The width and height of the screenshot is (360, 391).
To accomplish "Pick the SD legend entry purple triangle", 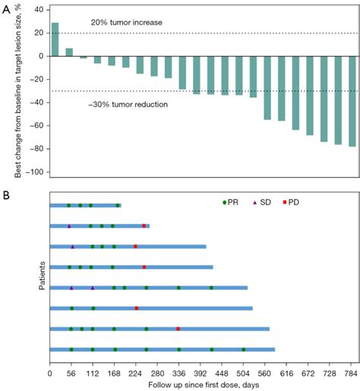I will point(254,203).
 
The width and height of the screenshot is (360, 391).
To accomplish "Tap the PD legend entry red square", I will point(285,203).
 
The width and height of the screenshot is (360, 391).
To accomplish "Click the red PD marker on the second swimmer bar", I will point(144,225).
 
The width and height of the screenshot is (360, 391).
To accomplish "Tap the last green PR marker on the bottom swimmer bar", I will point(244,349).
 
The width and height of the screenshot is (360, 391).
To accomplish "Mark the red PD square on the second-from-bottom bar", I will point(178,329).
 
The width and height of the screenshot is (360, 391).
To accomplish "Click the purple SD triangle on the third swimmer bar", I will point(73,247).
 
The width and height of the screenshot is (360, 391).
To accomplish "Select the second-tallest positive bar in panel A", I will point(69,52).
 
